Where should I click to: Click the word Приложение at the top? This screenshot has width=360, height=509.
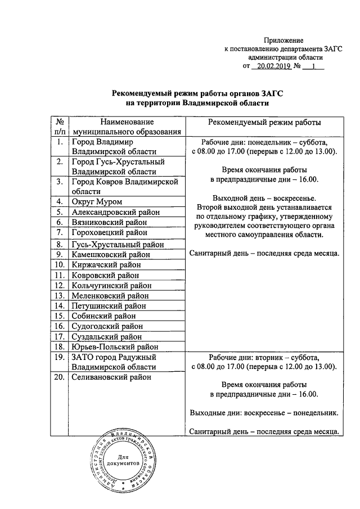[284, 40]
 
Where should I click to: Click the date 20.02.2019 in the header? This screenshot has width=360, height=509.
[271, 66]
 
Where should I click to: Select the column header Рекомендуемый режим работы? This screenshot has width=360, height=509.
[265, 122]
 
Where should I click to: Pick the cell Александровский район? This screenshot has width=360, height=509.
[115, 212]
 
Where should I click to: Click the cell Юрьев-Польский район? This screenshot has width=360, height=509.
[114, 347]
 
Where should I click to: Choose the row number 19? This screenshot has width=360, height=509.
[58, 357]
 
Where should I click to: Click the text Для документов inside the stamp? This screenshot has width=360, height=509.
[126, 463]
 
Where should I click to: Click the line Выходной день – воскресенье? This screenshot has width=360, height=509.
[264, 198]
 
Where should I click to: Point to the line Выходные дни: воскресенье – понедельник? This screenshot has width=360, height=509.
[264, 413]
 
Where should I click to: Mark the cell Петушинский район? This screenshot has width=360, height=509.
[109, 305]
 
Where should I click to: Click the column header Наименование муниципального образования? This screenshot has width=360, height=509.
[127, 127]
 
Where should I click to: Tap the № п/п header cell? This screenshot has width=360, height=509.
[58, 127]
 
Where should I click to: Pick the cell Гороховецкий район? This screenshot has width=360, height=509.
[109, 232]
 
